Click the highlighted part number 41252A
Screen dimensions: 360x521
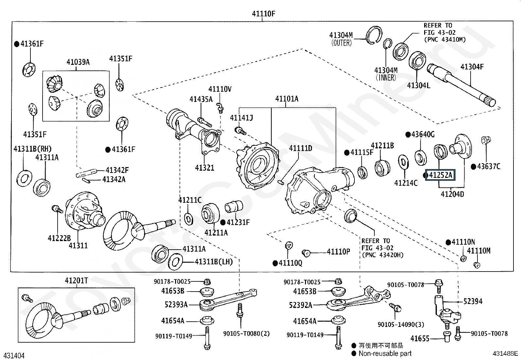click(440, 176)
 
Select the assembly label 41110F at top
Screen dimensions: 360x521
click(263, 14)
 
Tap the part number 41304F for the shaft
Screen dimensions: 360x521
click(472, 67)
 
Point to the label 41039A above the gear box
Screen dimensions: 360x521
click(78, 62)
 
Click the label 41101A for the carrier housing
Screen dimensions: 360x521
click(287, 99)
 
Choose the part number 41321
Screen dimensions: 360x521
click(205, 168)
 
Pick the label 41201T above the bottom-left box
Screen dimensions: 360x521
click(76, 280)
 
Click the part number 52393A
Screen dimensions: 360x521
click(176, 305)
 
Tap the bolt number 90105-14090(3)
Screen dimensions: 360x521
click(401, 324)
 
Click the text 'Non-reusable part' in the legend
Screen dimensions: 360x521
click(385, 353)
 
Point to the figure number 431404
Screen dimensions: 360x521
click(14, 356)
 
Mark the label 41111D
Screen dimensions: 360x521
click(300, 148)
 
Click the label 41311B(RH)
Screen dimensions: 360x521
click(32, 149)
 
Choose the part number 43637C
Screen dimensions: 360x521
click(489, 166)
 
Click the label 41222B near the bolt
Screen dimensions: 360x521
click(59, 238)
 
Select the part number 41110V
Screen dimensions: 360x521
click(220, 89)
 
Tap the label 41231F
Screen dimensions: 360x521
click(238, 222)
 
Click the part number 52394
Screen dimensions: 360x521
click(473, 301)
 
